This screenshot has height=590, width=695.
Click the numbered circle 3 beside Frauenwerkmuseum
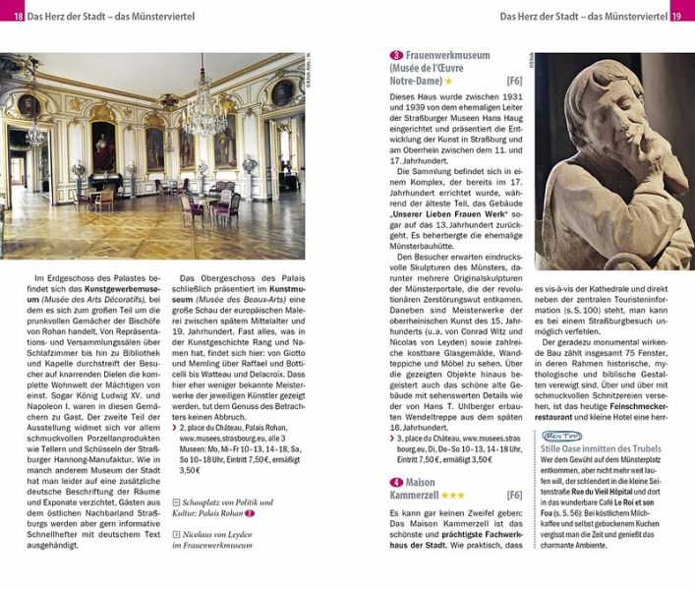[396, 56]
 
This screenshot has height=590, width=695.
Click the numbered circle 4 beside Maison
[396, 482]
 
